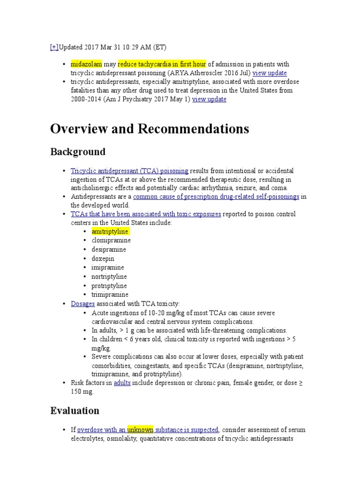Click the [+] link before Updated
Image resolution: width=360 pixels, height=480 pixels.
coord(54,47)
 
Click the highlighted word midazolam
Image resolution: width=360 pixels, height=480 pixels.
coord(86,64)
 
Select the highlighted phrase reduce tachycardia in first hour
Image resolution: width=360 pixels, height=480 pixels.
coord(162,64)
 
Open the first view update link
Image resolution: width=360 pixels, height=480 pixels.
coord(270,73)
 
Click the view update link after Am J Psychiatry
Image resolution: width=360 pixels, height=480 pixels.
coord(209,99)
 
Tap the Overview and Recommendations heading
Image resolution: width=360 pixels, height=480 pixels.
coord(150,129)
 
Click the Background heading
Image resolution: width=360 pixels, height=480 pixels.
coord(78,152)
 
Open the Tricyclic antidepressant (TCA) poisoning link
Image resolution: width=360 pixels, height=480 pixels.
coord(129,171)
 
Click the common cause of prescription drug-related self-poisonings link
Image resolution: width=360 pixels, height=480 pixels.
coord(216,197)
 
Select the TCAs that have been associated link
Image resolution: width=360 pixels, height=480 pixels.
coord(146,214)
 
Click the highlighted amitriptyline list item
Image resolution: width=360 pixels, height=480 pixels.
coord(110,232)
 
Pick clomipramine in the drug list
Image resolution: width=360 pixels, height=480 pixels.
coord(111,240)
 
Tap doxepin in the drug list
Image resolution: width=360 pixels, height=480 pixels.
coord(103,258)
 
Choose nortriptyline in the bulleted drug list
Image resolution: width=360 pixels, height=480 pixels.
coord(109,277)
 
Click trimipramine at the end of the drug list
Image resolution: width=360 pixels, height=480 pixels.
coord(110,294)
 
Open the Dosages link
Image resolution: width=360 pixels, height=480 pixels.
coord(83,304)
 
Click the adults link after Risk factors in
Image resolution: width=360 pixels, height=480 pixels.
coord(122,383)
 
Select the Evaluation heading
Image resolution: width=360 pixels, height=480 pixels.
coord(75,411)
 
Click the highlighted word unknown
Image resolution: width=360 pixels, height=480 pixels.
coord(140,430)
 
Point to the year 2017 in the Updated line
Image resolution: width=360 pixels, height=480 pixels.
coord(92,47)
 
